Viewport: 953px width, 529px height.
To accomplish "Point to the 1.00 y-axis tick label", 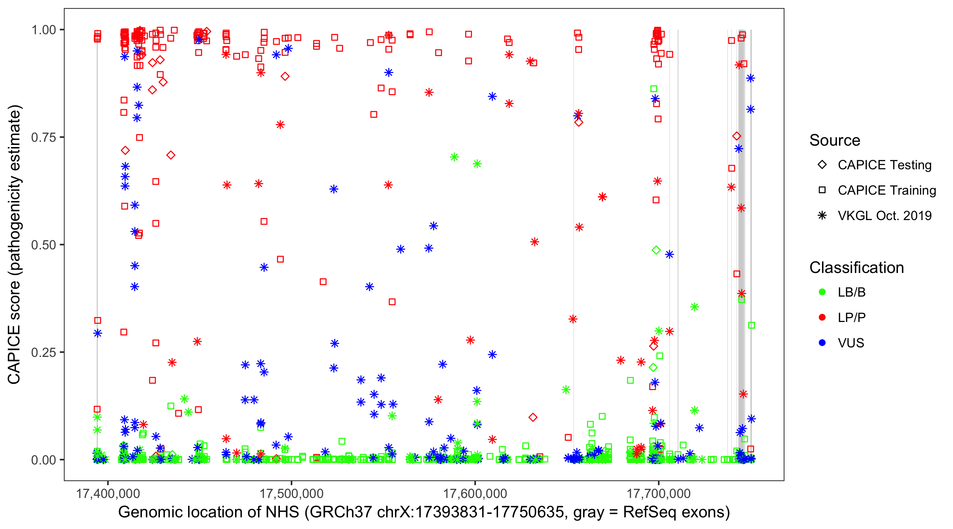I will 43,30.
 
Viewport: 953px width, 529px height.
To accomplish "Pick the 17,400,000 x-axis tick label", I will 108,493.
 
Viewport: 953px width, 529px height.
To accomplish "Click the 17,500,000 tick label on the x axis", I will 292,493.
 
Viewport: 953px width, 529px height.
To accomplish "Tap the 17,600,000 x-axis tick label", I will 475,493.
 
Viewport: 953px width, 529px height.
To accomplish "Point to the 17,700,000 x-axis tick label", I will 659,493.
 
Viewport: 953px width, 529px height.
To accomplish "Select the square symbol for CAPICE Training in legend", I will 822,190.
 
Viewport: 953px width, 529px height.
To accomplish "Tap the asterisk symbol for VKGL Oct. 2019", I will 822,215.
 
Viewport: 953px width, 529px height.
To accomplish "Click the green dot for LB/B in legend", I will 822,292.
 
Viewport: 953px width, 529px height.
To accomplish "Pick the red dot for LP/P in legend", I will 822,317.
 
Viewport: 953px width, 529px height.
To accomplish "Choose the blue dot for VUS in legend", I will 822,343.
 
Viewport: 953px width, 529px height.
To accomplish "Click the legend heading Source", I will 835,140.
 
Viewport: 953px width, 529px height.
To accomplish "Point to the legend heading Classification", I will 856,268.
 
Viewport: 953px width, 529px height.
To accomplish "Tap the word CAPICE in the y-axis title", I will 14,354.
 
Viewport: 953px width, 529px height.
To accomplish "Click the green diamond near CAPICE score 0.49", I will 656,250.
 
